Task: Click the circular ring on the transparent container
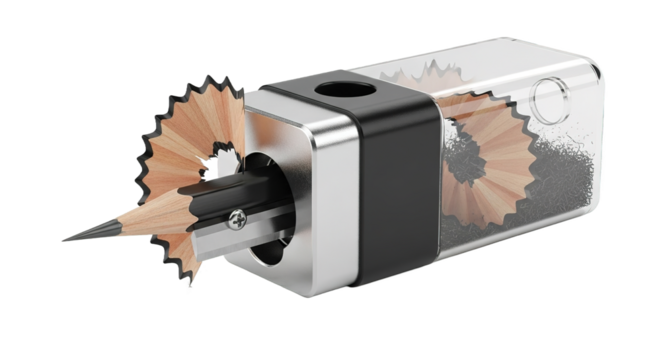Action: (x=549, y=98)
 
